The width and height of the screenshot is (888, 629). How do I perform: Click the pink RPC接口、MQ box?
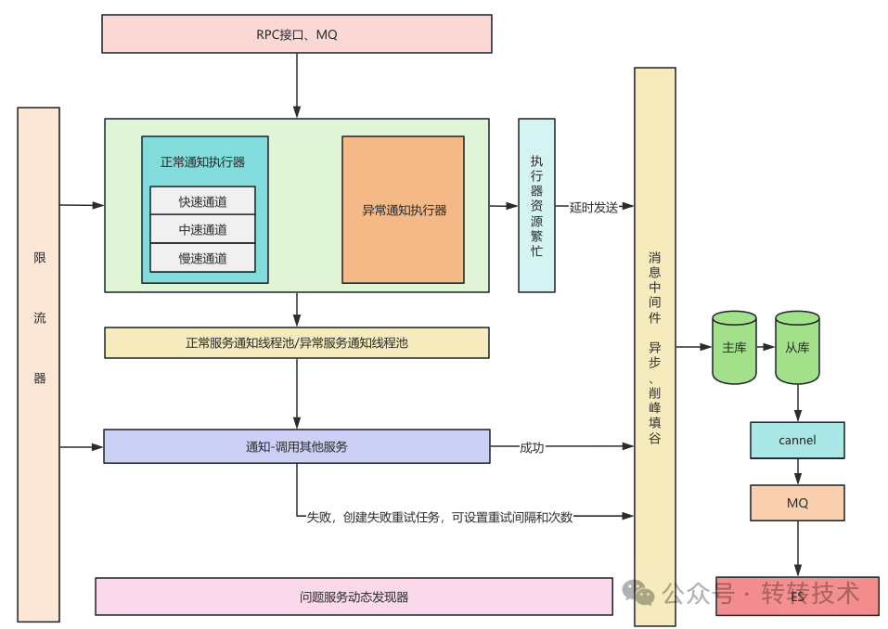pyautogui.click(x=296, y=34)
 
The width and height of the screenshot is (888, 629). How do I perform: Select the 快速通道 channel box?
pyautogui.click(x=202, y=201)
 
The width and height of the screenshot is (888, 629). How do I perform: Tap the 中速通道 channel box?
pyautogui.click(x=202, y=229)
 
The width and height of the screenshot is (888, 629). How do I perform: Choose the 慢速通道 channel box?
pyautogui.click(x=202, y=258)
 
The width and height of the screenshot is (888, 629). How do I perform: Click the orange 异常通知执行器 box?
pyautogui.click(x=403, y=210)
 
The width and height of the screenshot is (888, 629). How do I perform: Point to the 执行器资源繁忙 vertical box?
pyautogui.click(x=536, y=205)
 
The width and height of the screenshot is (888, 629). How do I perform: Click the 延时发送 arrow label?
pyautogui.click(x=594, y=207)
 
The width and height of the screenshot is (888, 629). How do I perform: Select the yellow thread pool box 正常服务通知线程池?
pyautogui.click(x=296, y=342)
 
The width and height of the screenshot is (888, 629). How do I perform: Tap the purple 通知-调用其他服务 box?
pyautogui.click(x=296, y=446)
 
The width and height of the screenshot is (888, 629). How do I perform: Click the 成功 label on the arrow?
pyautogui.click(x=532, y=447)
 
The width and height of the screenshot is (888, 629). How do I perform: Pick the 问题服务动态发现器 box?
pyautogui.click(x=354, y=597)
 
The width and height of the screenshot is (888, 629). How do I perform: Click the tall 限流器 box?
pyautogui.click(x=39, y=364)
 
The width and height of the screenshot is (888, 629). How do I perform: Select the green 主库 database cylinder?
pyautogui.click(x=734, y=348)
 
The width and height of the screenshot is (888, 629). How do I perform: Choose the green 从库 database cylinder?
pyautogui.click(x=797, y=348)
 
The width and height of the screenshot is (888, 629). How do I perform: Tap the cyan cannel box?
pyautogui.click(x=797, y=440)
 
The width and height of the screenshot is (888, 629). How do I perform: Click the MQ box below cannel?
pyautogui.click(x=797, y=503)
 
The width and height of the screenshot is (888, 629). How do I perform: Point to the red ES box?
pyautogui.click(x=797, y=597)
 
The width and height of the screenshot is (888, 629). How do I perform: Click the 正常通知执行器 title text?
pyautogui.click(x=202, y=161)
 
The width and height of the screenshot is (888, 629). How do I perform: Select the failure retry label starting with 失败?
pyautogui.click(x=440, y=517)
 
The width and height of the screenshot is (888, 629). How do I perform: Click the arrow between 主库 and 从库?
pyautogui.click(x=766, y=347)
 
